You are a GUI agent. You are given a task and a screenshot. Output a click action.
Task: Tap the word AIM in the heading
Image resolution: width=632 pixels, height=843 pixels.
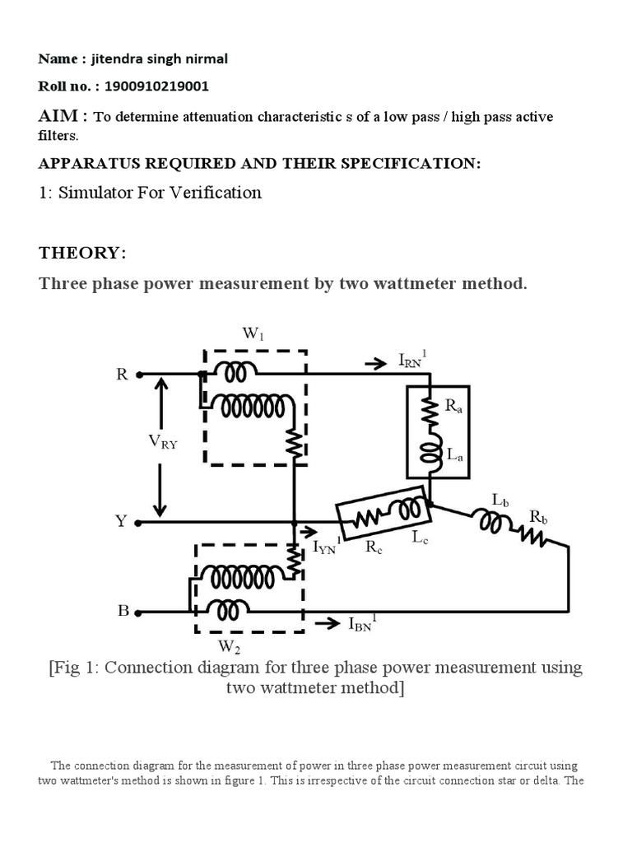coord(60,116)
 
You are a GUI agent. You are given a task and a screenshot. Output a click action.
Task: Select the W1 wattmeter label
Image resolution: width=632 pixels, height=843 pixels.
coord(254,334)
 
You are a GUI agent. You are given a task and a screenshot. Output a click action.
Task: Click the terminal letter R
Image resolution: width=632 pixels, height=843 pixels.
coord(123,374)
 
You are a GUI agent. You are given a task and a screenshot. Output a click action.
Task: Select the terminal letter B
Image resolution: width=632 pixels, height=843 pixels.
coord(123,611)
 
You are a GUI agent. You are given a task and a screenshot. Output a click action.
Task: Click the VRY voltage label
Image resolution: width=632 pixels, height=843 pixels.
coord(163,441)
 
